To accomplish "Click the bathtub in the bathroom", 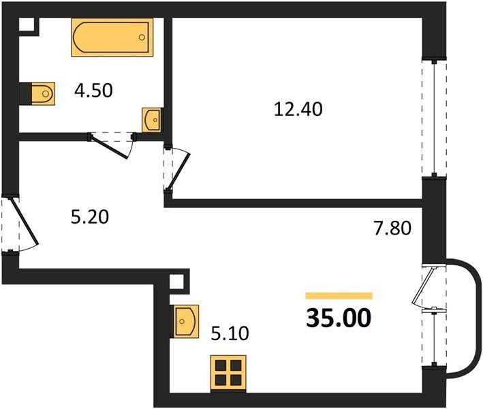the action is point(112,37).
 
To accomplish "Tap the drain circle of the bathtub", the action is point(142,37).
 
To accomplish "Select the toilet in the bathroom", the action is point(37,93).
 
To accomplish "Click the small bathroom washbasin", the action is point(152,120).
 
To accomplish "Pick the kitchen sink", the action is point(185,322).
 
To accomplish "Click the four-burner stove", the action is point(228,374).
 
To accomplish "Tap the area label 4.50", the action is point(93,91).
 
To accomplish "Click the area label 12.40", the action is point(298,110).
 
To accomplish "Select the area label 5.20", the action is point(90,217).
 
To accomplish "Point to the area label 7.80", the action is point(392,228).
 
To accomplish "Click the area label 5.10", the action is point(230,333).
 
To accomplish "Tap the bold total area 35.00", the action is point(339,318).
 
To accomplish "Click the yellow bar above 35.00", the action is point(339,296).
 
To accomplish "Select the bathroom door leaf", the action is point(108,147).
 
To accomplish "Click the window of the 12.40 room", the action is point(434,118).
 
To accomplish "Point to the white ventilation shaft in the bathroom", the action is point(27,25).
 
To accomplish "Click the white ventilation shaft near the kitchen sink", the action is point(176,282).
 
